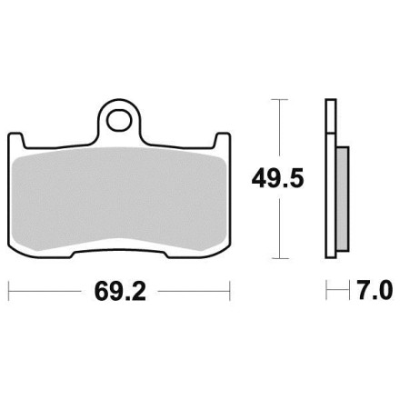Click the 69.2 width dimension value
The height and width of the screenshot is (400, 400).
[x=120, y=291]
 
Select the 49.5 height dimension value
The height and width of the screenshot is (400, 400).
[x=277, y=179]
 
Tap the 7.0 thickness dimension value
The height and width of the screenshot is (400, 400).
[x=375, y=290]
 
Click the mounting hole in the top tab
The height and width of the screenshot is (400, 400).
[x=119, y=120]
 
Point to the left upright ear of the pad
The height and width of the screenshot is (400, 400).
[x=16, y=140]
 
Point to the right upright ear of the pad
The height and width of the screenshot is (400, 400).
[x=222, y=140]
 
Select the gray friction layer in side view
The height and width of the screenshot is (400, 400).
[x=343, y=199]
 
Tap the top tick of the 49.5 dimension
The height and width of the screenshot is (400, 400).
[x=279, y=99]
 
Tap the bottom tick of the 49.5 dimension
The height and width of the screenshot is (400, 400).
[x=279, y=258]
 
